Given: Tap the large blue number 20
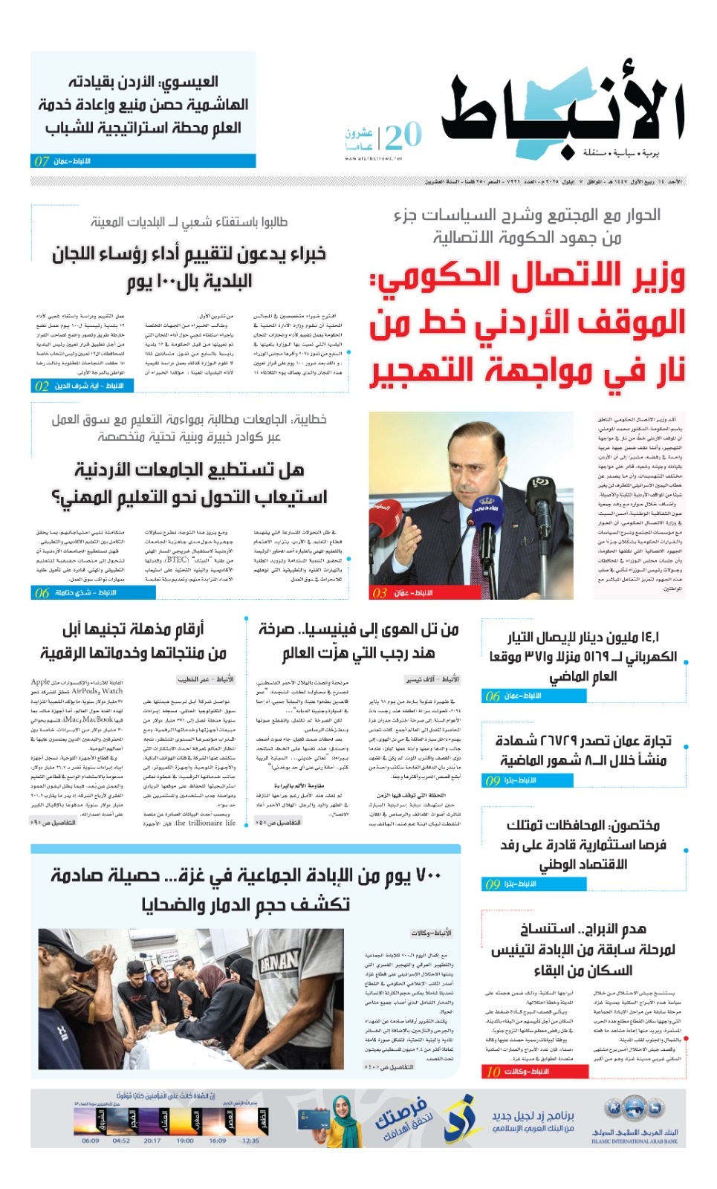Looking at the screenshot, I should (403, 136).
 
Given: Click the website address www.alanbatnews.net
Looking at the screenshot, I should (374, 158).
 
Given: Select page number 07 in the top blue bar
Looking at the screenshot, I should (42, 161).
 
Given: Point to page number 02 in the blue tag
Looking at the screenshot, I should (42, 386).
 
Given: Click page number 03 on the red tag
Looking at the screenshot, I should (380, 593).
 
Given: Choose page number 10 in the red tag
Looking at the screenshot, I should (493, 1072).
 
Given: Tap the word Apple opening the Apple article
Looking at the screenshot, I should (41, 681).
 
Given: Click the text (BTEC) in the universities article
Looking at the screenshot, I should (177, 560).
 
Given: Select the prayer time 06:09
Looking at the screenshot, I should (90, 1141).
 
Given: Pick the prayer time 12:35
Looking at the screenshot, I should (251, 1141).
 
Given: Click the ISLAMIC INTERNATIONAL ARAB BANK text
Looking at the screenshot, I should (635, 1141).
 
